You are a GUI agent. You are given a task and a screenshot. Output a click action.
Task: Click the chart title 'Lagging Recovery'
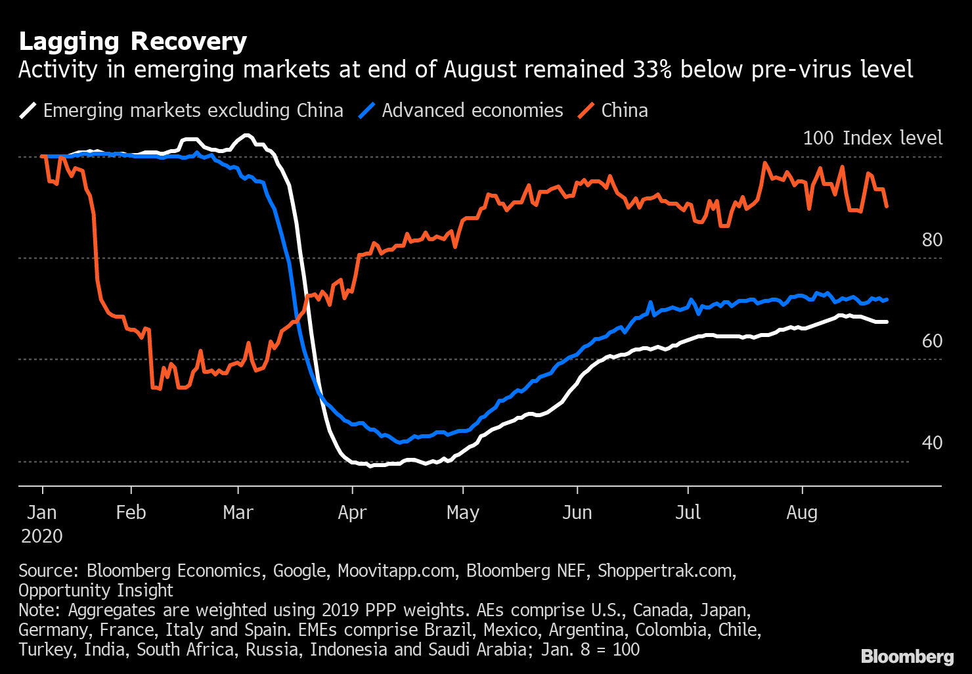pyautogui.click(x=133, y=41)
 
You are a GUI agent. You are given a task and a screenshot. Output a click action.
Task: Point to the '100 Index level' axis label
pyautogui.click(x=872, y=138)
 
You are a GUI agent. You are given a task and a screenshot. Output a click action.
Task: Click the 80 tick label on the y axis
pyautogui.click(x=932, y=240)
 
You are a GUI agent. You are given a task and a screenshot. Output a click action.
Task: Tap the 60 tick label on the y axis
pyautogui.click(x=932, y=341)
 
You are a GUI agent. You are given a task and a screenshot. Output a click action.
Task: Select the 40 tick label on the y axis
pyautogui.click(x=932, y=443)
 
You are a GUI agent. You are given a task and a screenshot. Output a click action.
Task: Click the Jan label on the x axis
pyautogui.click(x=42, y=512)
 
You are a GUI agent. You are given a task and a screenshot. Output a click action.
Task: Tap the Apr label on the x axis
pyautogui.click(x=352, y=512)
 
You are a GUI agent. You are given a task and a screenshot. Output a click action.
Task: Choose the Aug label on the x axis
pyautogui.click(x=802, y=512)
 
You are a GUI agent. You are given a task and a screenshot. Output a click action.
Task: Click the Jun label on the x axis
pyautogui.click(x=577, y=512)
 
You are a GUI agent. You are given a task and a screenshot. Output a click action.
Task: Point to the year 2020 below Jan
pyautogui.click(x=42, y=536)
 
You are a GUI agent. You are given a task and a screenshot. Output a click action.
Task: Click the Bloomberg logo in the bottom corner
pyautogui.click(x=907, y=656)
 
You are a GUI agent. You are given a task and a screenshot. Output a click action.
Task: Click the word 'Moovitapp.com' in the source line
pyautogui.click(x=396, y=571)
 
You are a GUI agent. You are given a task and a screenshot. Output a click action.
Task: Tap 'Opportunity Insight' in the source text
pyautogui.click(x=96, y=591)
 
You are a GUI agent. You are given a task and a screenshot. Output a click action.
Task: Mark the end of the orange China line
pyautogui.click(x=887, y=207)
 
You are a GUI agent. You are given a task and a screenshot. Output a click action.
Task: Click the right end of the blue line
pyautogui.click(x=887, y=300)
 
